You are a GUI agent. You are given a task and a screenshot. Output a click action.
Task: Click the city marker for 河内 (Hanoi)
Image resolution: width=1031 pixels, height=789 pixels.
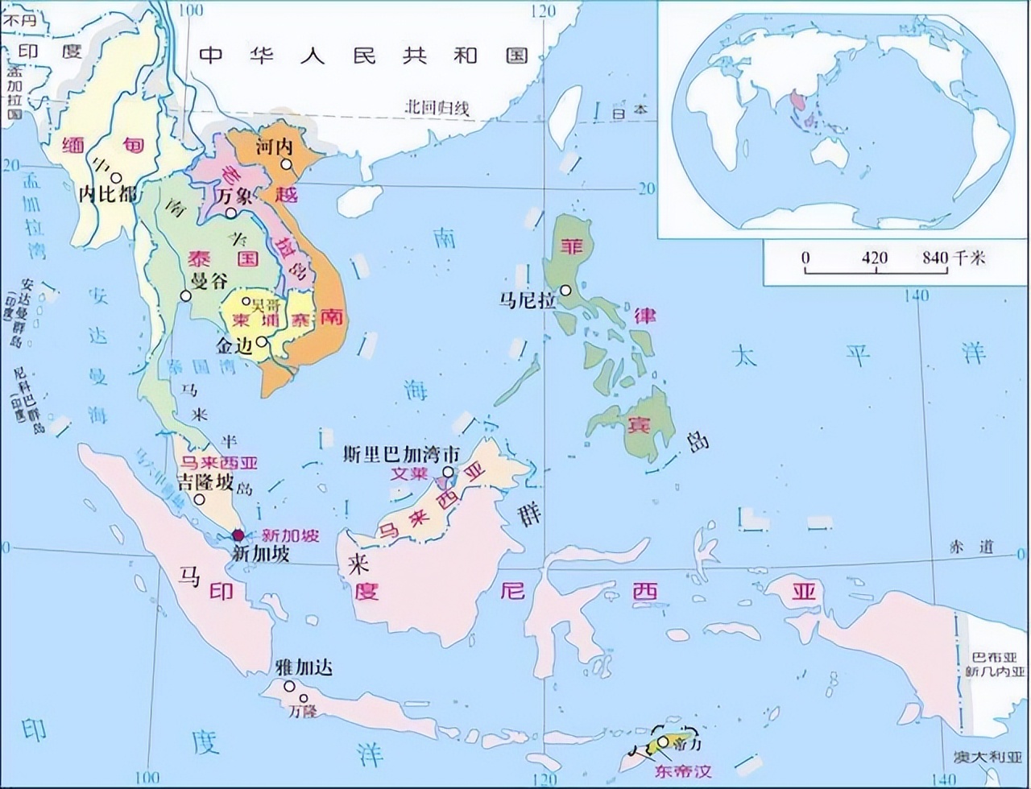click(x=286, y=165)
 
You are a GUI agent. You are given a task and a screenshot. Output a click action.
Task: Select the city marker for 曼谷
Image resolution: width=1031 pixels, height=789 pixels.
click(x=186, y=295)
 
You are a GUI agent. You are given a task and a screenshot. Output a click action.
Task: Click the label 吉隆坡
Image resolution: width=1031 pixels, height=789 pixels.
click(x=205, y=482)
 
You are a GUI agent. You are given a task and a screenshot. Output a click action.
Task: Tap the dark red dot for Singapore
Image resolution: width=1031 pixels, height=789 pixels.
click(x=238, y=535)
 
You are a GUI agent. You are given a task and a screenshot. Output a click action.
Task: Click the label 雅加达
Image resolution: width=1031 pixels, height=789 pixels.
click(x=304, y=667)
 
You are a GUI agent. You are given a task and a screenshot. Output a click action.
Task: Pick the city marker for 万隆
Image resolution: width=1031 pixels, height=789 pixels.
click(x=304, y=698)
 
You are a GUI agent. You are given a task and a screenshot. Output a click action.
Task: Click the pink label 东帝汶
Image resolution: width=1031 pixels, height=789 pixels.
click(x=684, y=771)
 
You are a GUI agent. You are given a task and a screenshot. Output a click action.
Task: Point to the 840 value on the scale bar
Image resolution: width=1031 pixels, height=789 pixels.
click(x=935, y=258)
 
